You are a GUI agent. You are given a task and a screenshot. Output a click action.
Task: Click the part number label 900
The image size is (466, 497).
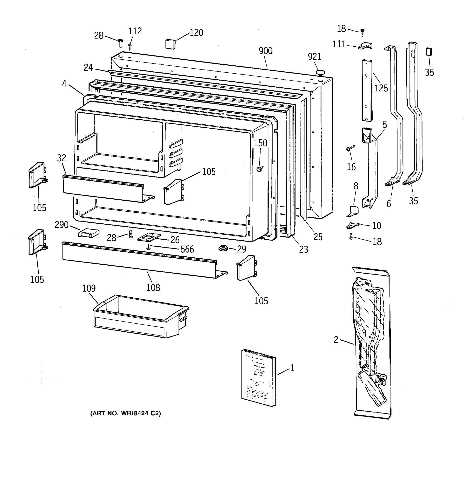point(266,51)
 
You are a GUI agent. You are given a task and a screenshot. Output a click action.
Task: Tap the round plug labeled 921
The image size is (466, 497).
point(320,73)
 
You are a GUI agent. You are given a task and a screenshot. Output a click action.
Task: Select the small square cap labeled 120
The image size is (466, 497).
point(170,44)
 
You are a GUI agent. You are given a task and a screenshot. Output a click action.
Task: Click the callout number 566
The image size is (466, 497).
point(187,249)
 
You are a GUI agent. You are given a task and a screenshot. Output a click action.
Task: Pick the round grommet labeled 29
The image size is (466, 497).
point(223,248)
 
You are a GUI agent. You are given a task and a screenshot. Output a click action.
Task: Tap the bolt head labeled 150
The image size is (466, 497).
point(259,169)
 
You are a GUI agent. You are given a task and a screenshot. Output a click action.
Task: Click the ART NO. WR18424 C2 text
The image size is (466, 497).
point(126,414)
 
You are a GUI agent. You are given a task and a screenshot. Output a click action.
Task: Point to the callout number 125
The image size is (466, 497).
point(381,88)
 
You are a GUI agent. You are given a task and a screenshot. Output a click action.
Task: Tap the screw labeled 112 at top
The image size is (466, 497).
point(129,47)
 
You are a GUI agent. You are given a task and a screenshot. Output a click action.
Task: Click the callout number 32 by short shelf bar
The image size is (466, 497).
point(62,158)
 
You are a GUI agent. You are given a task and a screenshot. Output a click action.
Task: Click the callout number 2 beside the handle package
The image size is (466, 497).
point(336,340)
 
